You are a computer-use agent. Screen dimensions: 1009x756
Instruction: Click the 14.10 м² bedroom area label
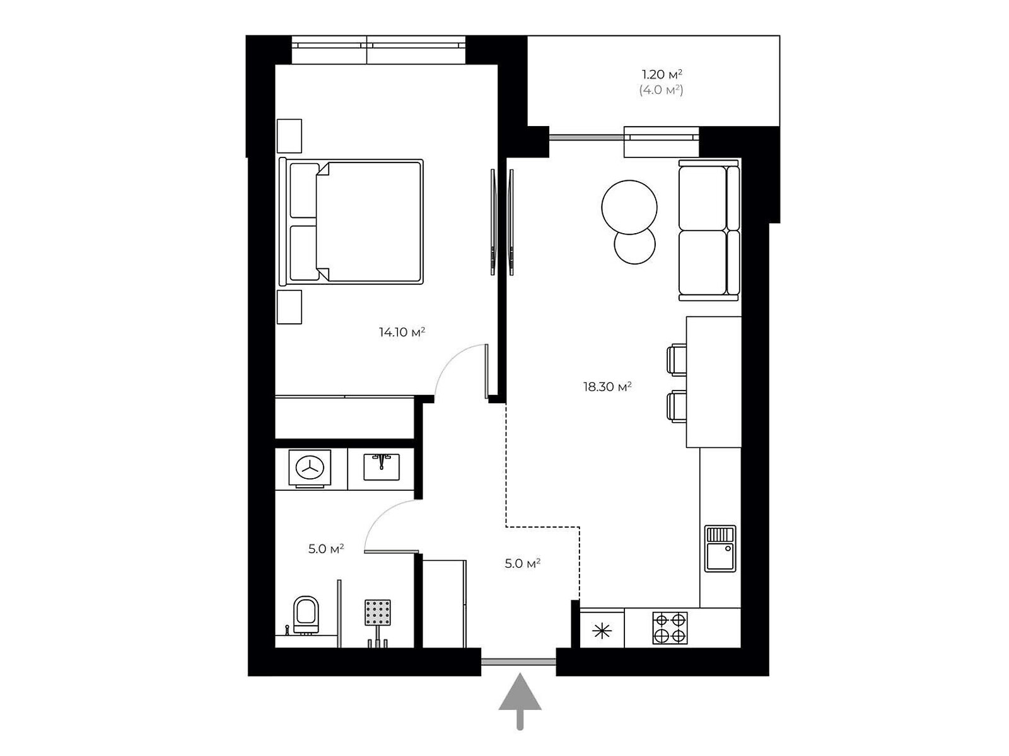401,331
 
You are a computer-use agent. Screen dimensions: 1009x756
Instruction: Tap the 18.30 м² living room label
607,386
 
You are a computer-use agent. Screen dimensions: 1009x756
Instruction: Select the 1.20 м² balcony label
662,74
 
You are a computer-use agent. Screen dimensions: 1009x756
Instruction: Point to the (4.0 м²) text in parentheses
661,90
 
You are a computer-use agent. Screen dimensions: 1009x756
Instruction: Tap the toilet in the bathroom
306,614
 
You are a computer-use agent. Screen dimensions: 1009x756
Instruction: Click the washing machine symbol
310,467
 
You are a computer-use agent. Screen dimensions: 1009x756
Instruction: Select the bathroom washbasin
381,466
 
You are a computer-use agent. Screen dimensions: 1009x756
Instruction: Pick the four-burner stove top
670,627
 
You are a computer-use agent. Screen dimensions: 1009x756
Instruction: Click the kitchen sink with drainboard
720,549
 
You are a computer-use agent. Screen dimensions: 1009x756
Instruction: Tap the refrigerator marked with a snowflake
602,632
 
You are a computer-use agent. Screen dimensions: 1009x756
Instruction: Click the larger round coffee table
629,207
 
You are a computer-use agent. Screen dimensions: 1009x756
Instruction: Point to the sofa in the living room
709,231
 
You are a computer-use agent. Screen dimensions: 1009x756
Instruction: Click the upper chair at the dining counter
676,360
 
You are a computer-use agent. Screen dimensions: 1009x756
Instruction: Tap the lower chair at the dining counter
676,406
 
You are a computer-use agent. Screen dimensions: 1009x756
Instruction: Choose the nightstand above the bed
289,136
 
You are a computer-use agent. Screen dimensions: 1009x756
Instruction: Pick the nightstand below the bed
289,307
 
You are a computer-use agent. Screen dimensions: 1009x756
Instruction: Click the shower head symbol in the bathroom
377,612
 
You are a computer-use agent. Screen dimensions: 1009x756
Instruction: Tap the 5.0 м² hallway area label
522,563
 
